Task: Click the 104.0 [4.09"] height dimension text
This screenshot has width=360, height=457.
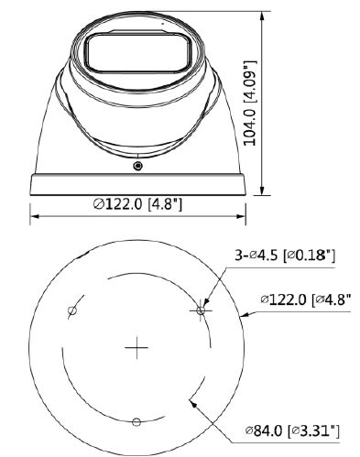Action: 251,103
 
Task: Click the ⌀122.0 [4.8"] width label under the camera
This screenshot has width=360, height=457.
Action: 137,203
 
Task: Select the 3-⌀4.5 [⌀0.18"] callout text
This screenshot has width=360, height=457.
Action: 285,256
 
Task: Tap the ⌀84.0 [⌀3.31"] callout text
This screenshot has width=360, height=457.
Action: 292,431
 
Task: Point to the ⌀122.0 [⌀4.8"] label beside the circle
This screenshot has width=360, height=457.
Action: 305,299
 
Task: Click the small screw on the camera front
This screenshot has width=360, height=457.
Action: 138,166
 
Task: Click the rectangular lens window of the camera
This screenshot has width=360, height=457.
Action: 138,52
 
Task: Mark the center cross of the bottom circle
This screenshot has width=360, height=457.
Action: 136,347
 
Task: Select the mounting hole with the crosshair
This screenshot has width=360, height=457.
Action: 201,310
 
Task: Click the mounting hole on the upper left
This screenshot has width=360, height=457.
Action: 72,310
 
